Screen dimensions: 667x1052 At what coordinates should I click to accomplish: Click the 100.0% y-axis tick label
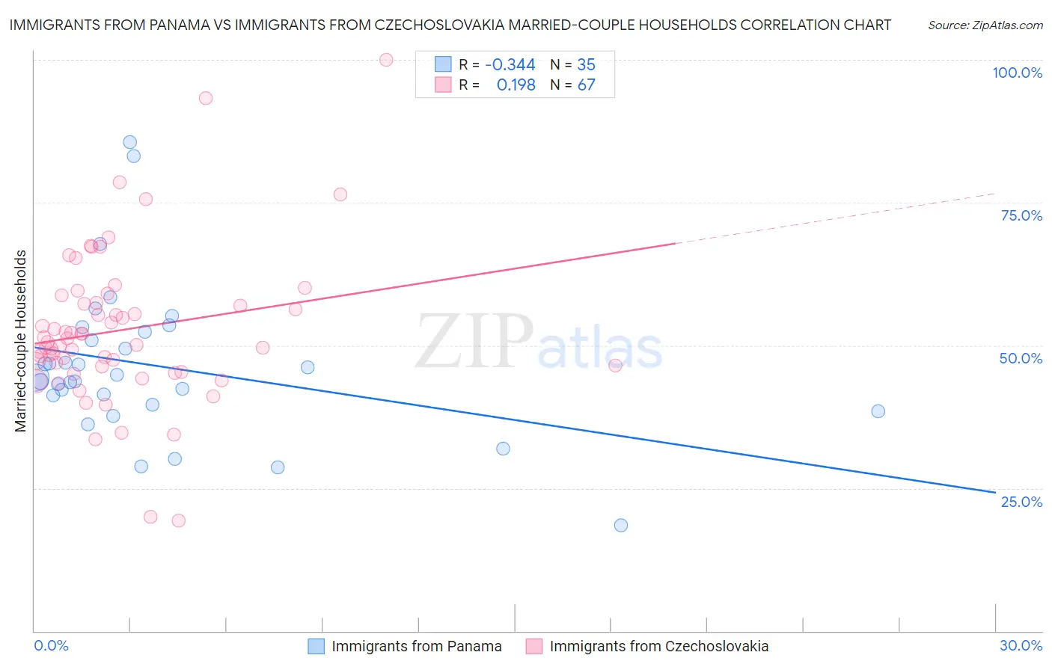pos(1017,73)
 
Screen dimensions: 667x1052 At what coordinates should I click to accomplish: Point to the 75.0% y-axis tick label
pos(1021,215)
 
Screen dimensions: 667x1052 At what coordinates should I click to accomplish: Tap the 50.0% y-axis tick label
pos(1021,358)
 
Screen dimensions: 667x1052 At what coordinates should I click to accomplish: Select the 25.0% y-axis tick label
pos(1021,501)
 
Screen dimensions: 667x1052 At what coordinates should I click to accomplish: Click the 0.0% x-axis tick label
pos(51,645)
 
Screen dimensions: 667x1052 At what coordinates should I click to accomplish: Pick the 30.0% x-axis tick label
pos(1021,645)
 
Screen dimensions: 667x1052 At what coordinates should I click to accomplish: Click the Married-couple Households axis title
pos(21,341)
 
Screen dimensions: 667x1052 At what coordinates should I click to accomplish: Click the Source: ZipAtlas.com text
pos(985,25)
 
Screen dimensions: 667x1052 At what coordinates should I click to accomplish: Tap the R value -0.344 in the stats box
pos(510,64)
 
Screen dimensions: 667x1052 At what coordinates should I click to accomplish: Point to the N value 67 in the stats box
pos(586,85)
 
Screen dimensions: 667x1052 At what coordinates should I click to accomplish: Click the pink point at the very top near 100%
pos(386,60)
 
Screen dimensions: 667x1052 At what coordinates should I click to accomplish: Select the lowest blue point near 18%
pos(621,525)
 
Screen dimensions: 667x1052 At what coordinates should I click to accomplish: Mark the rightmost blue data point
pos(878,411)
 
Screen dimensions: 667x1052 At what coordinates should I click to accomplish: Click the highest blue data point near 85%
pos(130,142)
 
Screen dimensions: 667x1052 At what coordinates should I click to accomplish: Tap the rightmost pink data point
pos(615,366)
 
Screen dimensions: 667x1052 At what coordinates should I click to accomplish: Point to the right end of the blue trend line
pos(995,492)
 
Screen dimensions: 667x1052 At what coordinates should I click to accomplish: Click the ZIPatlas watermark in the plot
pos(539,342)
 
